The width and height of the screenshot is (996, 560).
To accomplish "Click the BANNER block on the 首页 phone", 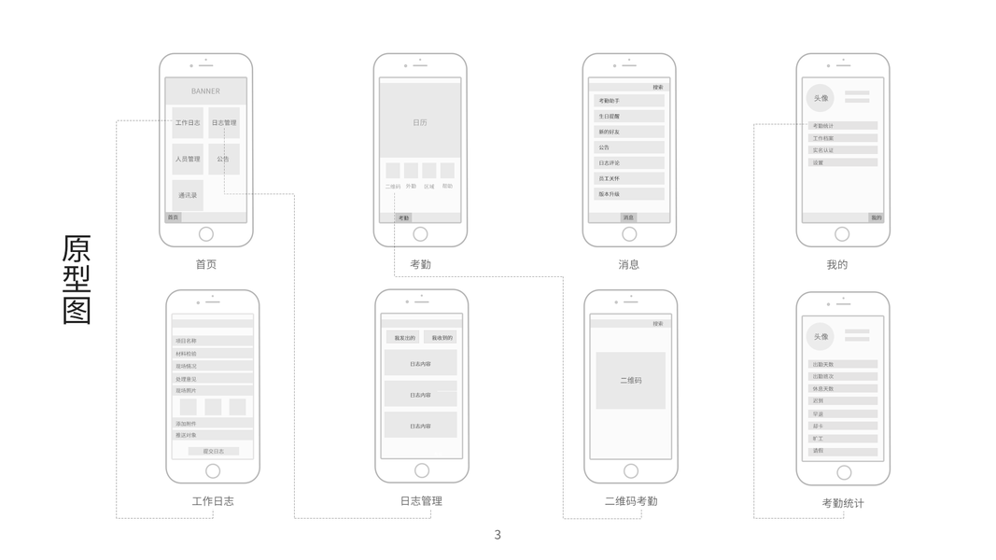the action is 205,91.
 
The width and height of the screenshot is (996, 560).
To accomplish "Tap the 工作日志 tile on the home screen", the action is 188,122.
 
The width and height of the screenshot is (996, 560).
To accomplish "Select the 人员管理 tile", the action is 188,159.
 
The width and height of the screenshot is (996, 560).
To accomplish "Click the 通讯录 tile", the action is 188,195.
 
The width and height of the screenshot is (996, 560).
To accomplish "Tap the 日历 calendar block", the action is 420,122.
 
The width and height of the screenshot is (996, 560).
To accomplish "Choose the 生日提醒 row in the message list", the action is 629,117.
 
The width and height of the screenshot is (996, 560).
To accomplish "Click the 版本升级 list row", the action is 629,194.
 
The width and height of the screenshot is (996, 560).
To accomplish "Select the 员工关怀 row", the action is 629,178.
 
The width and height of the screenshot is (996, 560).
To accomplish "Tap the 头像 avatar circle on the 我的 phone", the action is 821,98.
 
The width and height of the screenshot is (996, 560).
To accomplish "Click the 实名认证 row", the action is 842,150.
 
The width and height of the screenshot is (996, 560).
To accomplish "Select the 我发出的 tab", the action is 404,337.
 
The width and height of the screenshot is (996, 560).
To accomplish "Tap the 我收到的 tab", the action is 442,337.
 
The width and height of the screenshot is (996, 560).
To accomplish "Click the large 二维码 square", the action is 631,380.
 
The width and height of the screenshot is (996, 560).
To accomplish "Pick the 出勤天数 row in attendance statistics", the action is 842,364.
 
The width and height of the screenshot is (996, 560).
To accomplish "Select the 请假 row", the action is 842,451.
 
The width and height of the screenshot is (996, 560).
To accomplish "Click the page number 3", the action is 498,535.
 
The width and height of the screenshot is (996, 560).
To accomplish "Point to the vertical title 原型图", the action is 77,279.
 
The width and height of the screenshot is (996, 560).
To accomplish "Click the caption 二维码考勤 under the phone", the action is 631,501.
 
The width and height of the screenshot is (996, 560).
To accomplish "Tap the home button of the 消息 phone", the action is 629,234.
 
